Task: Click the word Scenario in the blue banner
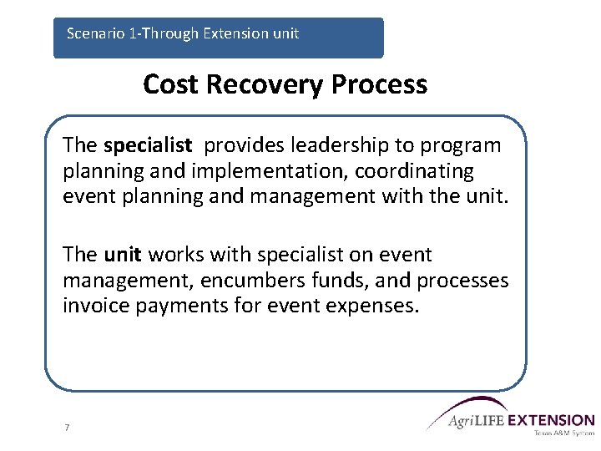coord(93,34)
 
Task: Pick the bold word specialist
coord(148,145)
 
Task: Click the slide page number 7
coord(67,428)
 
